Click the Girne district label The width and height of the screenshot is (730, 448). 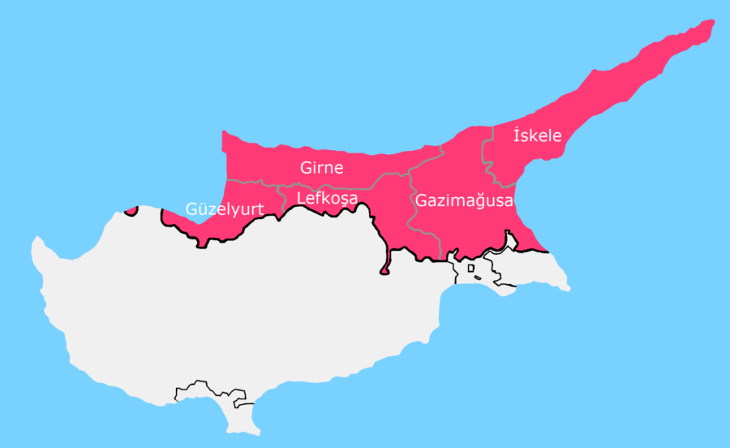tap(322, 169)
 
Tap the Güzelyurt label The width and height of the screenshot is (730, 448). tap(225, 209)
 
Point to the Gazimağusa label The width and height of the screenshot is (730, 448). tap(464, 200)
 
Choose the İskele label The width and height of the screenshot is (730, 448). tap(538, 136)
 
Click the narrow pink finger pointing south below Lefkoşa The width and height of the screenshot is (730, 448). tap(385, 264)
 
